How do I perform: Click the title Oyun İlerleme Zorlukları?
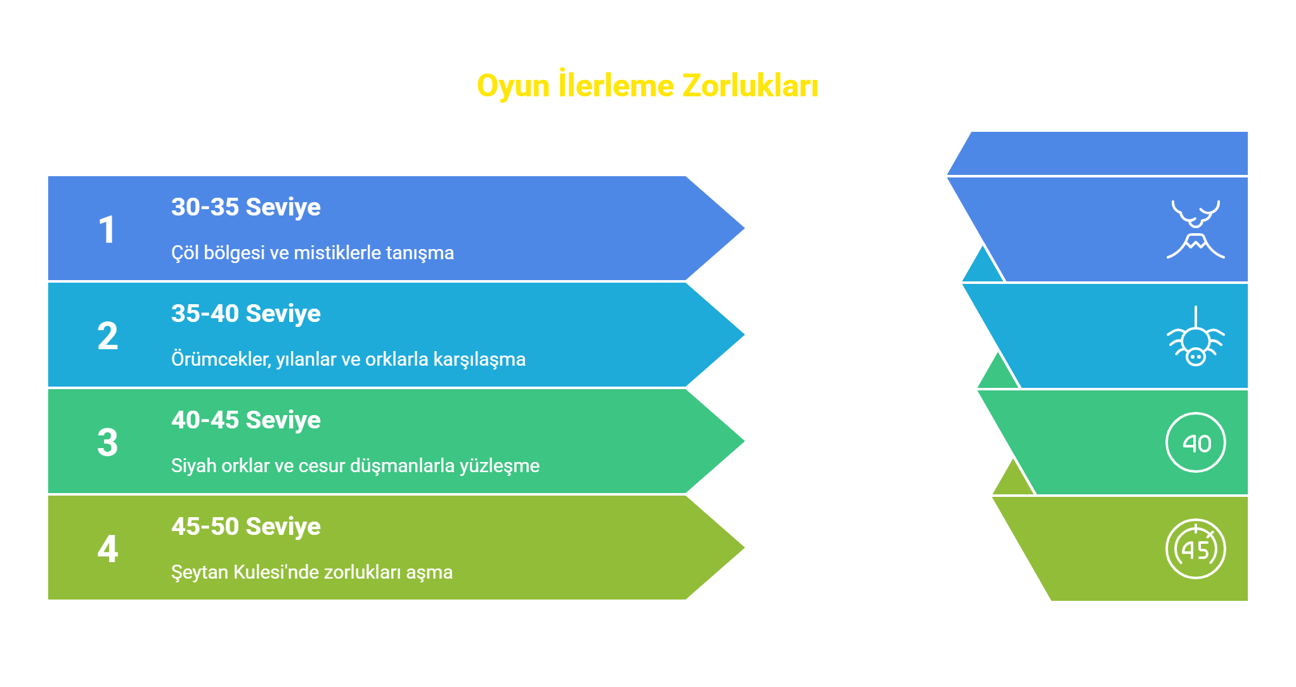pyautogui.click(x=647, y=86)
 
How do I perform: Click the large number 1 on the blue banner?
pyautogui.click(x=107, y=229)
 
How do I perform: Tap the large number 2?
pyautogui.click(x=108, y=336)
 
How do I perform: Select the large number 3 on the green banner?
pyautogui.click(x=108, y=442)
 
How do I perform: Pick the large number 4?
pyautogui.click(x=108, y=549)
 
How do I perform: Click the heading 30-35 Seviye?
pyautogui.click(x=246, y=207)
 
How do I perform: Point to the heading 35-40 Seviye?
pyautogui.click(x=246, y=314)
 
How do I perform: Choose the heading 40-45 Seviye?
pyautogui.click(x=246, y=420)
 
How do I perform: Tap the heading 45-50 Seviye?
pyautogui.click(x=246, y=527)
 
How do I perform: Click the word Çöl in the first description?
pyautogui.click(x=185, y=253)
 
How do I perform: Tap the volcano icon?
pyautogui.click(x=1196, y=229)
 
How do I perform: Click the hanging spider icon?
pyautogui.click(x=1196, y=336)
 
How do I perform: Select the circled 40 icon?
pyautogui.click(x=1196, y=442)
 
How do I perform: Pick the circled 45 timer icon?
pyautogui.click(x=1196, y=549)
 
